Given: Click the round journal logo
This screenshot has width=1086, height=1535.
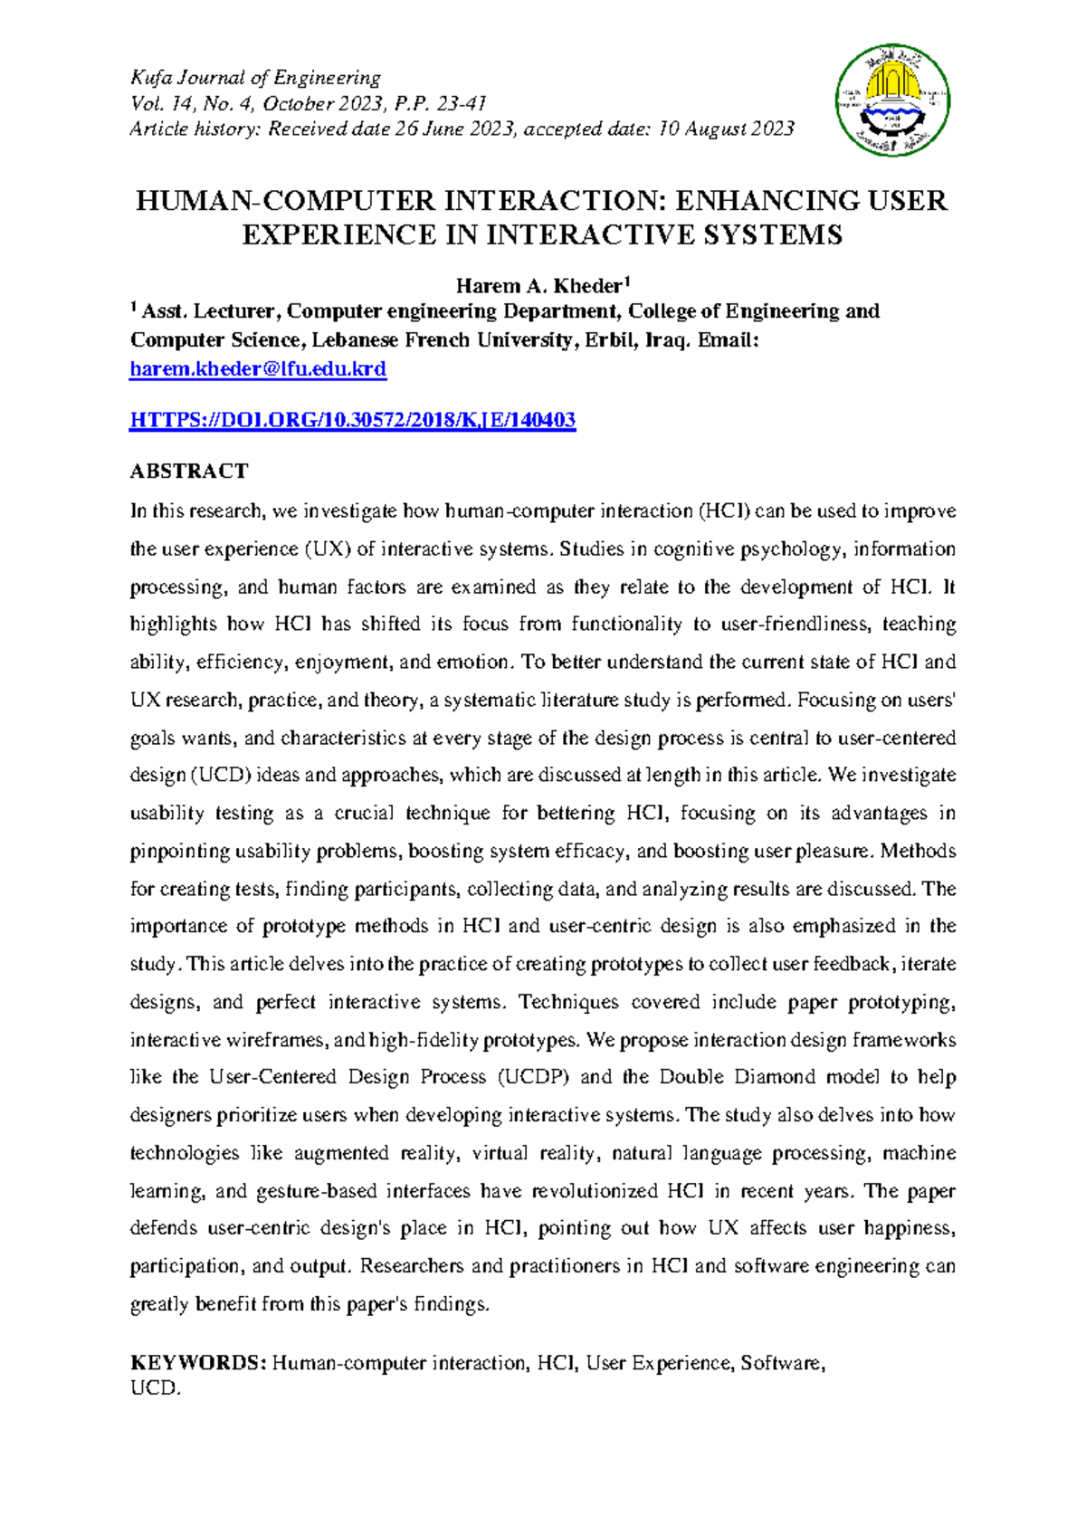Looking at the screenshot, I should (892, 100).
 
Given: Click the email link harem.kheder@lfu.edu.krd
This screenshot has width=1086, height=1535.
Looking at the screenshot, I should (258, 369).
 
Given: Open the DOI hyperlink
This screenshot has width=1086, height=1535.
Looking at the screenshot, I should (353, 420).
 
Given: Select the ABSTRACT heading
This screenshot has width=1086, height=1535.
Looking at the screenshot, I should (189, 472).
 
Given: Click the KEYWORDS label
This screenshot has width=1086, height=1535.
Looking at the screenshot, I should (197, 1363).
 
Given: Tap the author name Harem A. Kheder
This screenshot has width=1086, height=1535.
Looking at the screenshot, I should (538, 287).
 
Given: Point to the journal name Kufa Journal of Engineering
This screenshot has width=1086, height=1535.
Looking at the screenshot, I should (255, 78).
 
